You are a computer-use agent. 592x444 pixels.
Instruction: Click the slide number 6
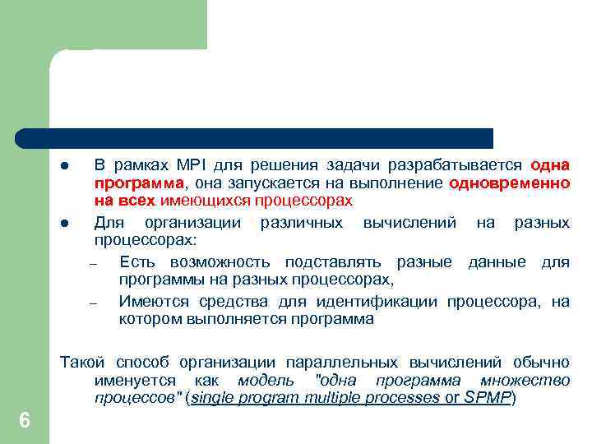click(x=25, y=420)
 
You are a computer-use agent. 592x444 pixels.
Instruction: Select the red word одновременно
click(x=510, y=182)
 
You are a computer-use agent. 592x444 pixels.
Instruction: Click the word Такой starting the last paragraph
click(x=82, y=362)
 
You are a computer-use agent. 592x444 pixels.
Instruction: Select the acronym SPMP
click(x=488, y=398)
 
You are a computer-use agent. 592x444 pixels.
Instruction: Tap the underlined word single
click(x=213, y=398)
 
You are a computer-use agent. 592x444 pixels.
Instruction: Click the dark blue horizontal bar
click(x=255, y=137)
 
